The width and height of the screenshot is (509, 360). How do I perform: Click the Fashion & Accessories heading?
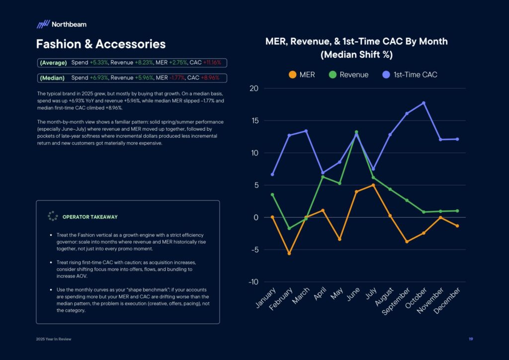[x=100, y=44]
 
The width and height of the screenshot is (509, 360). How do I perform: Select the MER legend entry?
[x=302, y=75]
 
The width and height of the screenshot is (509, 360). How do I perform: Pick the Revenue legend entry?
[x=348, y=75]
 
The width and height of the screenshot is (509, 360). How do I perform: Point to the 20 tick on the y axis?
[x=254, y=89]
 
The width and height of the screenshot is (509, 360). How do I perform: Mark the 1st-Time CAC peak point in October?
[x=424, y=103]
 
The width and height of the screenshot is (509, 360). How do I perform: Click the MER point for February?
[x=289, y=253]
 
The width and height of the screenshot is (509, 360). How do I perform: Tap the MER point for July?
[x=373, y=185]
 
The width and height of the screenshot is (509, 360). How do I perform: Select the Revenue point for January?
[x=272, y=194]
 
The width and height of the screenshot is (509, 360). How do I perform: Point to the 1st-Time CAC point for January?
[x=272, y=175]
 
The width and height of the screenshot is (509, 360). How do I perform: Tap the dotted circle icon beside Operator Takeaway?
[x=53, y=216]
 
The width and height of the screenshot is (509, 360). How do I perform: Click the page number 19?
[x=470, y=339]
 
